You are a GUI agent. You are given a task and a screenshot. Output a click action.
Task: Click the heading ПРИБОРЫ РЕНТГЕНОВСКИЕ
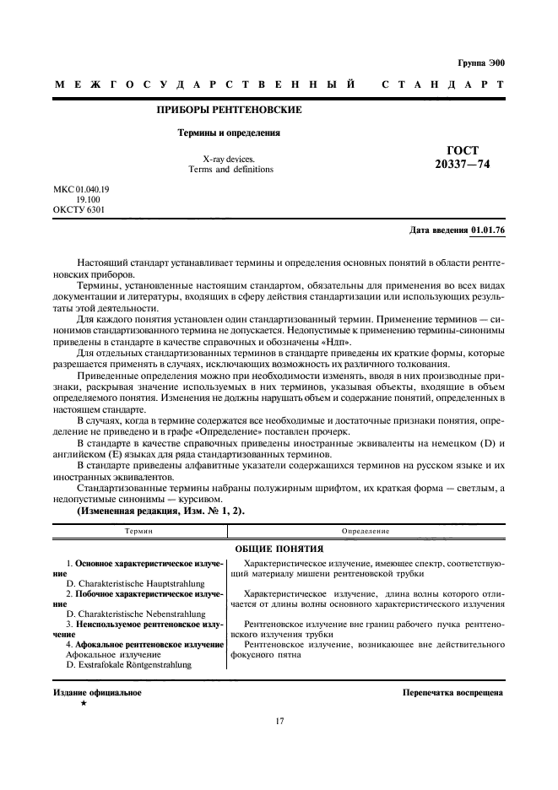230,110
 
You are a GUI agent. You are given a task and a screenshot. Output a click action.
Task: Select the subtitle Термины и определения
228,133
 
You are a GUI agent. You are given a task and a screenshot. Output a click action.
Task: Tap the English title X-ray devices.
230,158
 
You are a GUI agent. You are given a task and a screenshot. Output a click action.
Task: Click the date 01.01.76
488,230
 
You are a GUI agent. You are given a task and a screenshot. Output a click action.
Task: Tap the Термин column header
138,531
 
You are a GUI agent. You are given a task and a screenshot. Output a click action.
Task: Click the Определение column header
366,531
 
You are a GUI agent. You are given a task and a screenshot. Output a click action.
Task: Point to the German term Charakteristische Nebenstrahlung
135,614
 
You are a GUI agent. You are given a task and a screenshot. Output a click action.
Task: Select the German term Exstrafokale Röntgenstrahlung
128,665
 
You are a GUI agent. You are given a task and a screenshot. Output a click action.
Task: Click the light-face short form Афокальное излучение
113,654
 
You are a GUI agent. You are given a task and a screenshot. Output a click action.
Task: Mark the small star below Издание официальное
82,702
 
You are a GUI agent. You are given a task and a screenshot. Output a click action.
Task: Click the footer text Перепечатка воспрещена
452,693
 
